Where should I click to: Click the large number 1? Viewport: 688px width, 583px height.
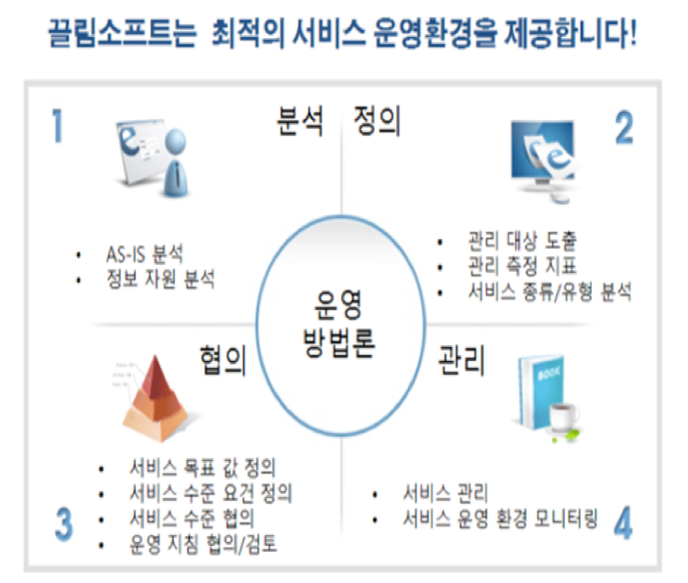(x=58, y=125)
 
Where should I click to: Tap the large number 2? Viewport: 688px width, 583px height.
(x=624, y=127)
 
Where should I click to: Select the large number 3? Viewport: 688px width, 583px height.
(x=64, y=523)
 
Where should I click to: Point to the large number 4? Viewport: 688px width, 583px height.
(x=623, y=522)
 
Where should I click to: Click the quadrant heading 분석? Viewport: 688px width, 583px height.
(x=300, y=120)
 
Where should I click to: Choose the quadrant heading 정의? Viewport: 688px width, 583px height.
(x=377, y=120)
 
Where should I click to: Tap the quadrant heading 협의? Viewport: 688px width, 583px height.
(x=223, y=361)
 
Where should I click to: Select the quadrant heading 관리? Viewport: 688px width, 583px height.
(x=462, y=361)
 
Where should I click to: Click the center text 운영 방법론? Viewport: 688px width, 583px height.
(x=339, y=324)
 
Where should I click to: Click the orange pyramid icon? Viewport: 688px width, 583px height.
(x=156, y=398)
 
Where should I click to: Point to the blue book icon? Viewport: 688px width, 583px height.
(x=540, y=391)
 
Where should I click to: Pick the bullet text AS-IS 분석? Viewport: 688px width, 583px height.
(x=145, y=253)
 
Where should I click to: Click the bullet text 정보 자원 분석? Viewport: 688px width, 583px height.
(x=161, y=279)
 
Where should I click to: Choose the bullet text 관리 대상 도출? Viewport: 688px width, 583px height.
(x=523, y=240)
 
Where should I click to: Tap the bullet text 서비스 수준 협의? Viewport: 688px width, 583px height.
(x=192, y=518)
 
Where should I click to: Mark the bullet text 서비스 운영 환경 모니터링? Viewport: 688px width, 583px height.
(x=500, y=519)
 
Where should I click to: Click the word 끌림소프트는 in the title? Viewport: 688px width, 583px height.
(x=122, y=33)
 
